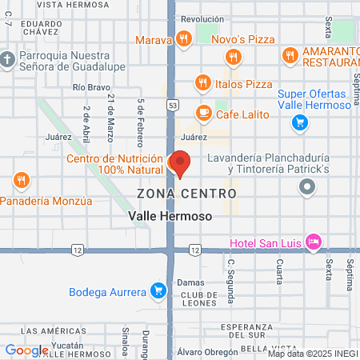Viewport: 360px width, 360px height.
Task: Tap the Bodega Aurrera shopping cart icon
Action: tap(159, 290)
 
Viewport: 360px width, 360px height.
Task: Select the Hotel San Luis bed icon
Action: tap(314, 242)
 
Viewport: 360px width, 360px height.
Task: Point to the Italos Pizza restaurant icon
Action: tap(202, 82)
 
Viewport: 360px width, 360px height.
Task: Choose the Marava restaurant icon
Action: tap(184, 38)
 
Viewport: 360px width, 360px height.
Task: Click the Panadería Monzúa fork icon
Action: tap(22, 181)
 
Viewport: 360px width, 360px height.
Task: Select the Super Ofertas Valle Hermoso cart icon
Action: tap(300, 122)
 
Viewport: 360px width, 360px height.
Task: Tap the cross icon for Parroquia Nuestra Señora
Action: tap(7, 60)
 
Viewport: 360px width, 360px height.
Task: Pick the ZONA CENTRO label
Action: tap(186, 194)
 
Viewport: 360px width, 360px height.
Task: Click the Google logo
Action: tap(26, 350)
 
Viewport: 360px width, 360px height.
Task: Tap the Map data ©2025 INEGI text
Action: tap(311, 354)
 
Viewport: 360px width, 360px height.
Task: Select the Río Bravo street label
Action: tap(89, 86)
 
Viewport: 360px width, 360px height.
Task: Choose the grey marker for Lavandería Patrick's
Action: tap(307, 187)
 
